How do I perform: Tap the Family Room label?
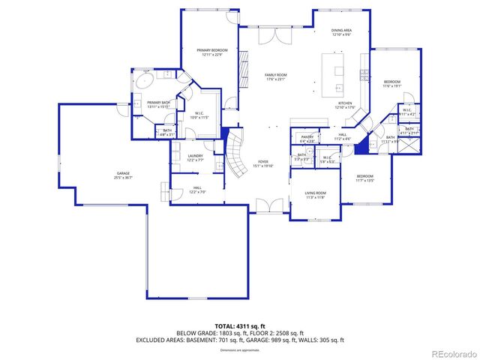276,75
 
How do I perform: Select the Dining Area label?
341,31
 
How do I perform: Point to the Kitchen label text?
344,103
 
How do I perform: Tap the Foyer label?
263,161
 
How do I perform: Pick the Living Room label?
314,193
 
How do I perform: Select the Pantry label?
307,137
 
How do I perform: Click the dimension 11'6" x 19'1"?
392,85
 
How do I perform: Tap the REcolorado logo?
453,352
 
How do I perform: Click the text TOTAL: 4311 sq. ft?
240,325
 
